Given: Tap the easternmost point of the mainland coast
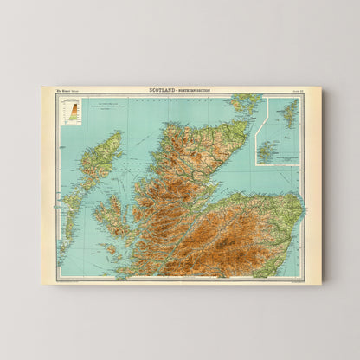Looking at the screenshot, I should pyautogui.click(x=303, y=212).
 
